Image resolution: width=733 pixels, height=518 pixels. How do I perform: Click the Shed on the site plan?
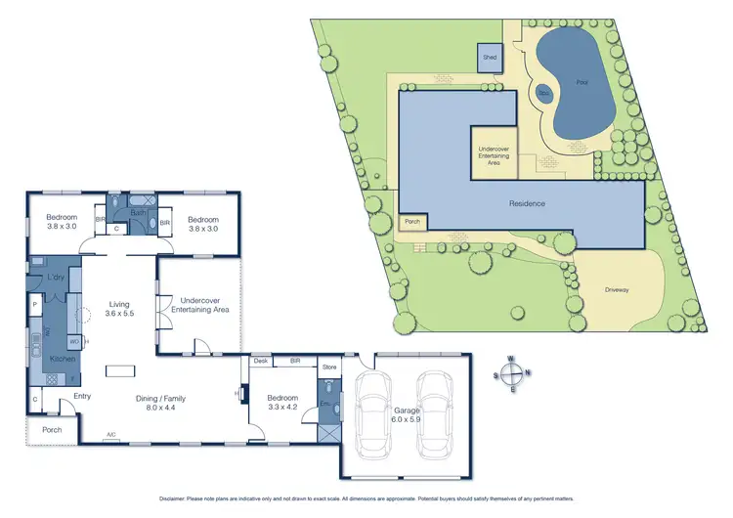[490, 58]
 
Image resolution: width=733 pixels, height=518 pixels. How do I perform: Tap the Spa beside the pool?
[544, 94]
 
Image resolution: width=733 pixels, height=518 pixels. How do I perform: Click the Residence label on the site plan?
[526, 203]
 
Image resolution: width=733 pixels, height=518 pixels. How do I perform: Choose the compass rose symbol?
[512, 373]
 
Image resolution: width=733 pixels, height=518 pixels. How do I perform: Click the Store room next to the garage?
[329, 368]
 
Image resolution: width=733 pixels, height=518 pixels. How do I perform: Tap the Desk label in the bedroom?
[261, 361]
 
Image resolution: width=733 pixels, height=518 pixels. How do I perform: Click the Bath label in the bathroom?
[139, 212]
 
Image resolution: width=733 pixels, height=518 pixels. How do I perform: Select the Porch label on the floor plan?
[51, 430]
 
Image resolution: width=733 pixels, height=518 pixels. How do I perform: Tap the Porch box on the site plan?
[412, 222]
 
